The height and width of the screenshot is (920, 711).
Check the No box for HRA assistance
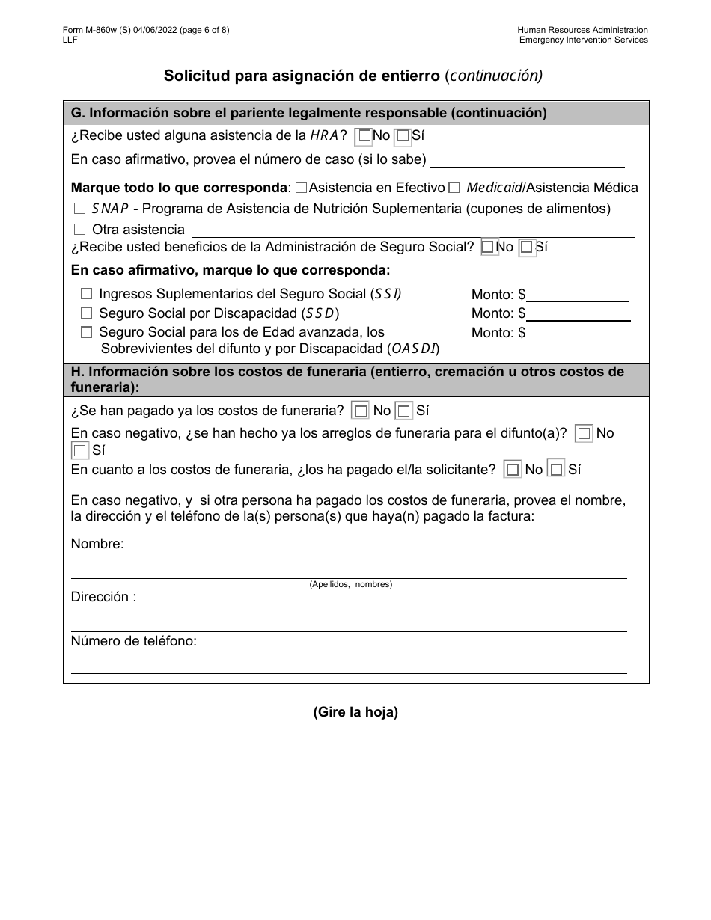coord(364,136)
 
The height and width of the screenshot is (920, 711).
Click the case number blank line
coord(527,160)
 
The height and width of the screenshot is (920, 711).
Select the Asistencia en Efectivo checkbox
coord(301,188)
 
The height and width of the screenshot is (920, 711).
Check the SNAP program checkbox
coord(80,209)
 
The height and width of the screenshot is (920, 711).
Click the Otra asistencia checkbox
coord(80,230)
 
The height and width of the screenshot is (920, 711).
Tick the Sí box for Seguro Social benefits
coord(527,247)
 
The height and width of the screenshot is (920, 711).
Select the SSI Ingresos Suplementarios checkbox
coord(87,295)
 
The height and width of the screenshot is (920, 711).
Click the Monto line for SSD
coord(577,314)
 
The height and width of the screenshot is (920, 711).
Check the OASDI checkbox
coord(87,332)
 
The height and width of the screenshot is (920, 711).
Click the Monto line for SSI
coord(577,295)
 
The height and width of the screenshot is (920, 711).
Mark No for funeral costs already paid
coord(361,411)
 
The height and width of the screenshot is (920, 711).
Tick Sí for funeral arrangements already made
coord(80,451)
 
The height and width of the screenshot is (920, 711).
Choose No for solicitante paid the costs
coord(513,470)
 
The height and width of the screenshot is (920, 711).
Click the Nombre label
coord(97,544)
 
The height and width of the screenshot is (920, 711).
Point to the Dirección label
coord(103,597)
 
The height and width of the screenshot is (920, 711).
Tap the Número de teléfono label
coord(134,640)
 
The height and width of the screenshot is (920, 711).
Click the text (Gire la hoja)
coord(355,712)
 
